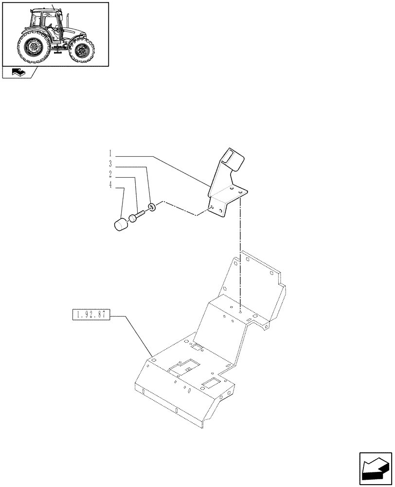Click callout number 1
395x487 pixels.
(110, 152)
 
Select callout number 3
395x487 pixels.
(110, 164)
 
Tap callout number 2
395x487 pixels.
(110, 174)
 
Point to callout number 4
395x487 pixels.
(110, 185)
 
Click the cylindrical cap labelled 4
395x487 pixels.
(120, 226)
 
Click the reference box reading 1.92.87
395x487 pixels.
(91, 315)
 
